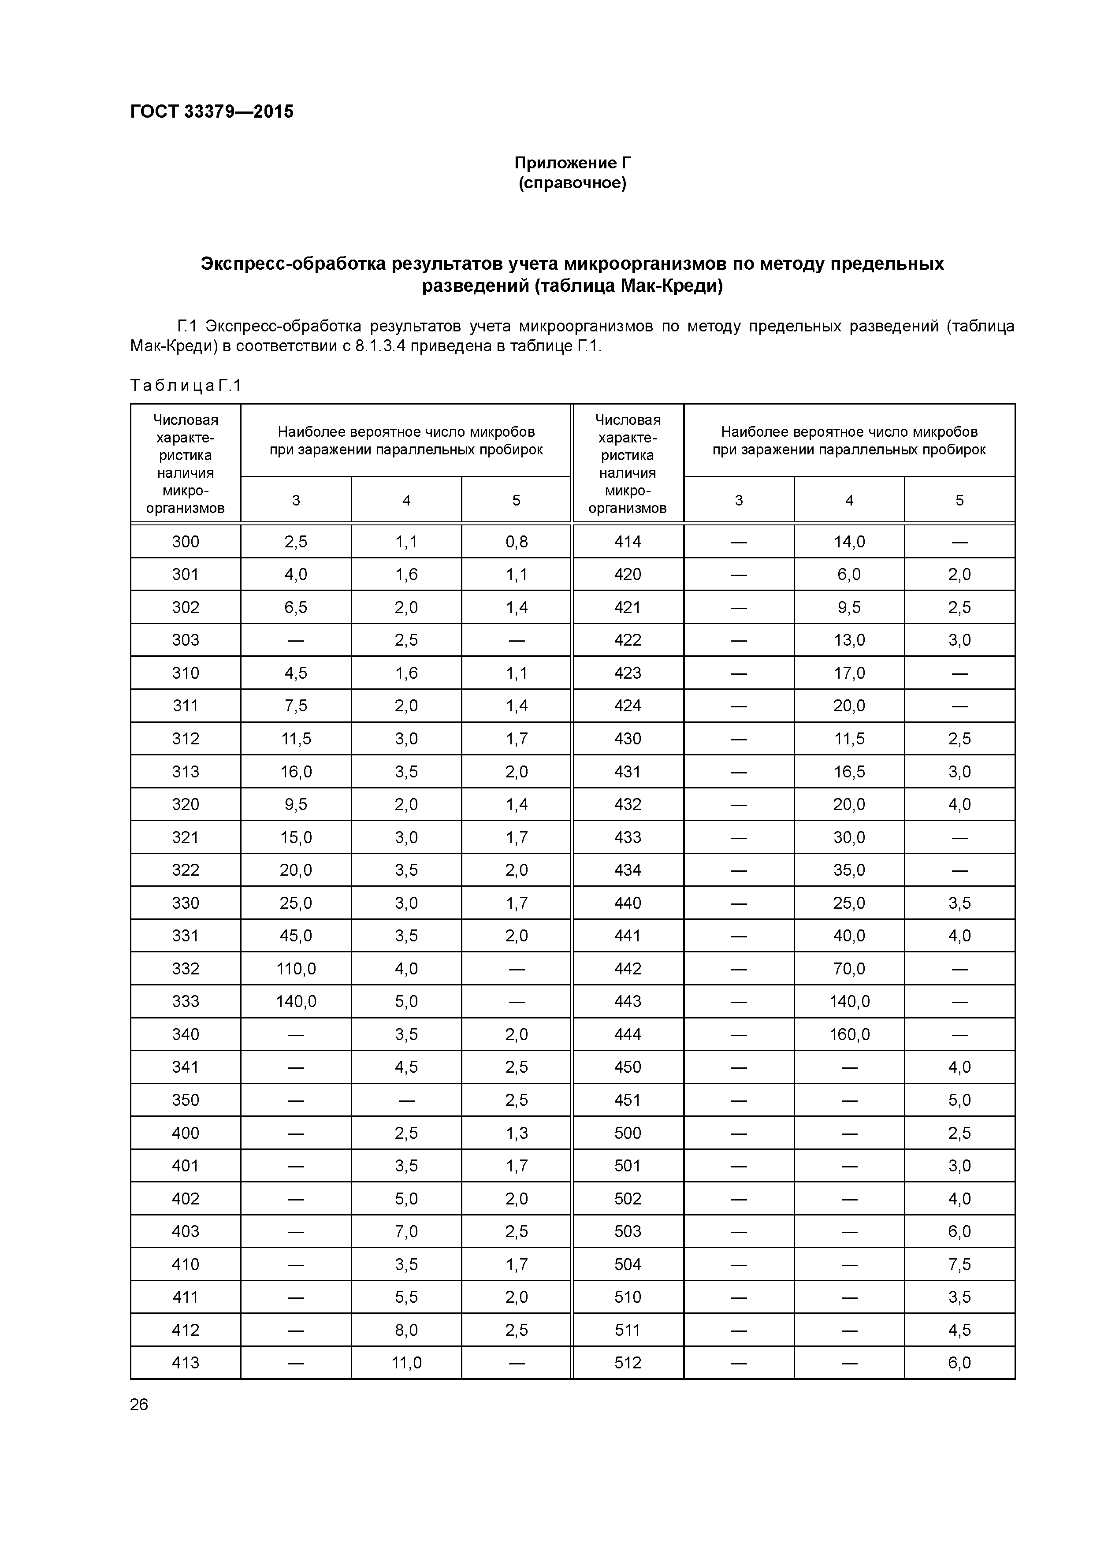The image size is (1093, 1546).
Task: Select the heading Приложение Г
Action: click(x=573, y=163)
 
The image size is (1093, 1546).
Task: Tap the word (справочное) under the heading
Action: click(x=573, y=183)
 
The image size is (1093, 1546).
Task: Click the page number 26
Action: click(x=139, y=1405)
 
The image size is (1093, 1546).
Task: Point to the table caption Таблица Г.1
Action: click(x=185, y=386)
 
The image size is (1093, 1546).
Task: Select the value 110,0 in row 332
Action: click(x=296, y=968)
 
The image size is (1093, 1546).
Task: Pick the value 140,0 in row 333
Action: click(x=296, y=1001)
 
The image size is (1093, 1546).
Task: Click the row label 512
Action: click(x=628, y=1363)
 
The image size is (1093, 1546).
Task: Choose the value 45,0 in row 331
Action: click(x=296, y=935)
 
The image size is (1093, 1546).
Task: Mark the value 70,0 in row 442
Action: click(x=849, y=968)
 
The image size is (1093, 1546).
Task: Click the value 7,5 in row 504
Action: click(x=959, y=1264)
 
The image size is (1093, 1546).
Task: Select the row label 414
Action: click(x=628, y=541)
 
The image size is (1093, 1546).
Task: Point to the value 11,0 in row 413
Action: click(x=406, y=1363)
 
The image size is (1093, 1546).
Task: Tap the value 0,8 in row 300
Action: click(x=517, y=541)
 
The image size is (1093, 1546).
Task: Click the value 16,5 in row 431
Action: click(x=849, y=772)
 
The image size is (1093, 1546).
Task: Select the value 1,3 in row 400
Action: click(x=517, y=1133)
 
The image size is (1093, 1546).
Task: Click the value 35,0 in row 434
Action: click(x=849, y=870)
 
